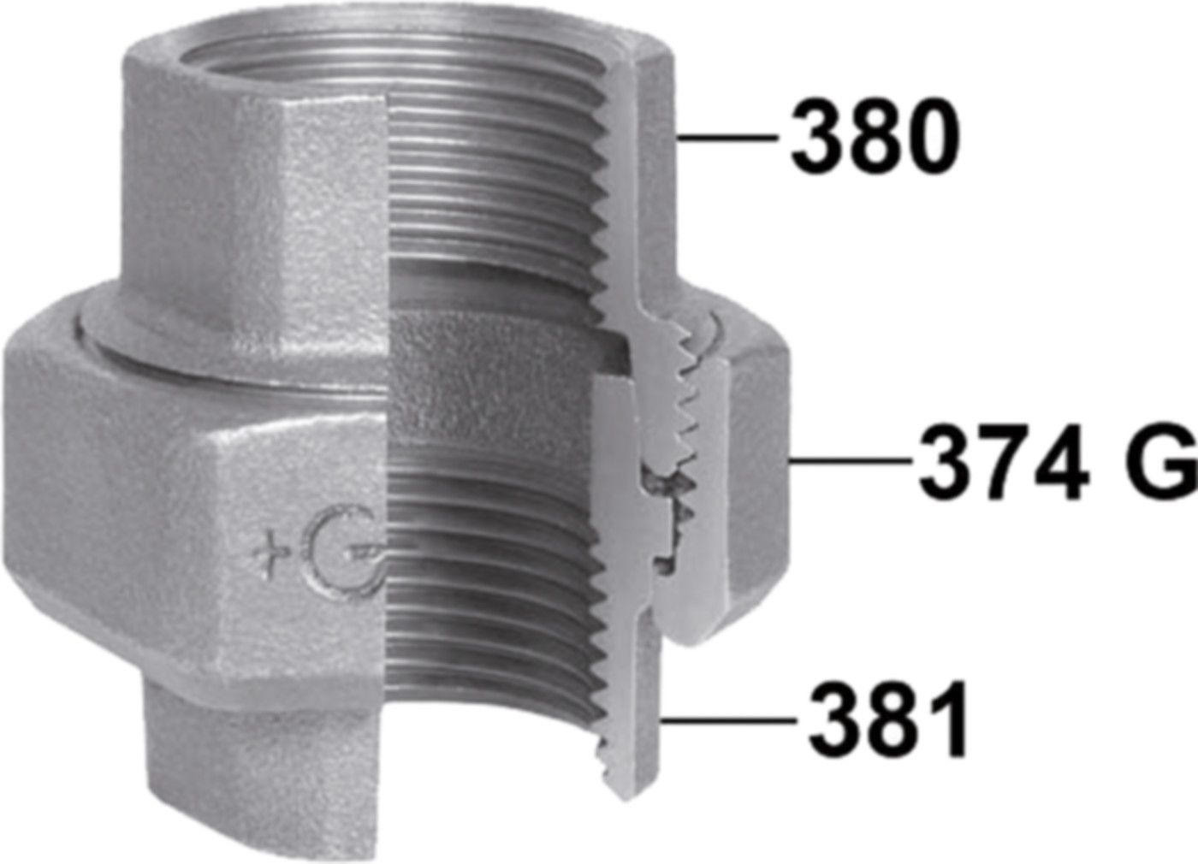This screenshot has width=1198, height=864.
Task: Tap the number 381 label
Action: [x=888, y=722]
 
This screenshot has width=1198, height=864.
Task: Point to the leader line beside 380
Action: [x=727, y=138]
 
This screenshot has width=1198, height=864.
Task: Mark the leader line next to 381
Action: [x=727, y=721]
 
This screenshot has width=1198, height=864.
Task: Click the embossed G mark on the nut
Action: [x=342, y=552]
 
